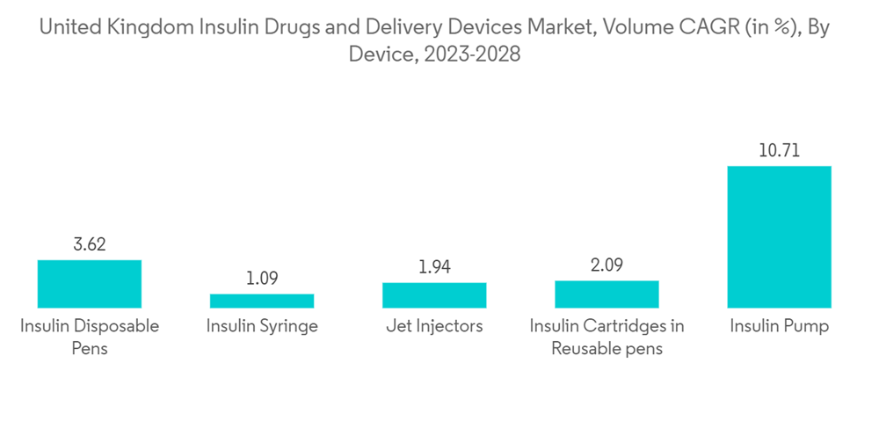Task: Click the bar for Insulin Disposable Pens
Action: [90, 284]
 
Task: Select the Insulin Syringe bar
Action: [262, 301]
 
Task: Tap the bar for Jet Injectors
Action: [434, 295]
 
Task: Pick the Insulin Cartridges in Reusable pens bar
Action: [607, 294]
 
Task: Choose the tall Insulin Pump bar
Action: [779, 236]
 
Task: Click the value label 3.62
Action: [90, 245]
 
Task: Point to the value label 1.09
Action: [262, 280]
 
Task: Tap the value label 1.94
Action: [434, 267]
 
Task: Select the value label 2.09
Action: [607, 265]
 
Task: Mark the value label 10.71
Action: [779, 151]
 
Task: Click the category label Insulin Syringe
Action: [262, 326]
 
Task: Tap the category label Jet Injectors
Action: [434, 326]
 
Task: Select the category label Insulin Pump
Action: [779, 326]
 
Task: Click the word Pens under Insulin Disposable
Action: [90, 348]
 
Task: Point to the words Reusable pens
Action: [607, 348]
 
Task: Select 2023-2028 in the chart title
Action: [471, 54]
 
